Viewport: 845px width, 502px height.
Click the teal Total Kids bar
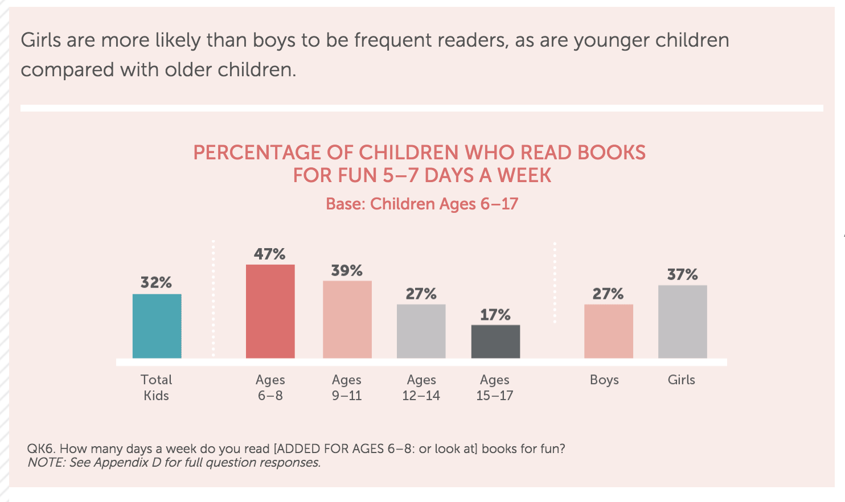tap(157, 326)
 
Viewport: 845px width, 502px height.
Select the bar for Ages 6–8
tap(270, 311)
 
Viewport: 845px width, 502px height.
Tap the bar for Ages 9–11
tap(347, 319)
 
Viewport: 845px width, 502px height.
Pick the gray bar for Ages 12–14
tap(421, 331)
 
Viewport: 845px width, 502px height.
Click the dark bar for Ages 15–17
tap(495, 341)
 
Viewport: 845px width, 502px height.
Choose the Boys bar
tap(608, 331)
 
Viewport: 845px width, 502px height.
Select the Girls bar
tap(682, 322)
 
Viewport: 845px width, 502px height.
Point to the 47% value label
tap(270, 254)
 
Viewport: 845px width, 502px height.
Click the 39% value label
tap(347, 270)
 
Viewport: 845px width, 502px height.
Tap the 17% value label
tap(495, 315)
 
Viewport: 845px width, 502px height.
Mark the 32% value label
tap(157, 282)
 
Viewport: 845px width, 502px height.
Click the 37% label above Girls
tap(682, 274)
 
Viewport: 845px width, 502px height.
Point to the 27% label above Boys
tap(608, 294)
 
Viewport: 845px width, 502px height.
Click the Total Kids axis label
tap(157, 388)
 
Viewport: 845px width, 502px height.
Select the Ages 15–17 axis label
tap(495, 388)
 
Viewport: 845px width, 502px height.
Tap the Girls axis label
tap(682, 380)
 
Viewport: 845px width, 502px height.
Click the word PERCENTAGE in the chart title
tap(257, 153)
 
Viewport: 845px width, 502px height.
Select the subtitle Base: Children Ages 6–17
tap(422, 204)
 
